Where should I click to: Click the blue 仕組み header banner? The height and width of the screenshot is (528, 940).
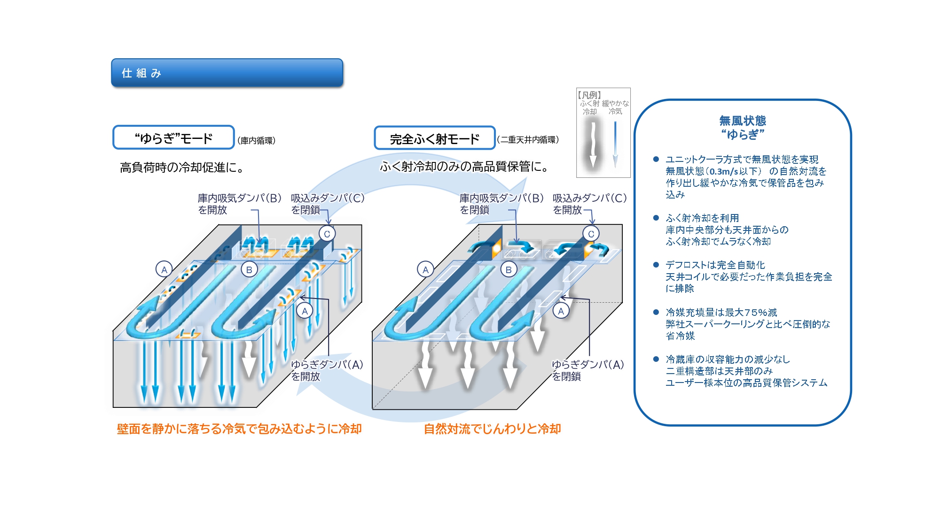point(227,73)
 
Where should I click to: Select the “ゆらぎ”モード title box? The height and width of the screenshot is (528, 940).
point(173,138)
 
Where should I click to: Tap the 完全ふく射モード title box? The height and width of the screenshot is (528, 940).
point(434,138)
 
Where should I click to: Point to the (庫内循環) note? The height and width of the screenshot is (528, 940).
point(256,140)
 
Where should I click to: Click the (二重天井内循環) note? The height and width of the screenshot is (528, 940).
point(528,139)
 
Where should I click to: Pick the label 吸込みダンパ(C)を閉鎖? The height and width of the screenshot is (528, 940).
point(327,204)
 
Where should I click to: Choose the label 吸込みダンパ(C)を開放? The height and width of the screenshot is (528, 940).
point(589,204)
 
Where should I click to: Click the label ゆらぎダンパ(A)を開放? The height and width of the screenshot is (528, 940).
point(327,370)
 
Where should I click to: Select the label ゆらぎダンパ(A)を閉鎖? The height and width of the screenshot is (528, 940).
point(587,370)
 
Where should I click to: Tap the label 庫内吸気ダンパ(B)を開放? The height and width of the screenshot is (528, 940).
point(239,204)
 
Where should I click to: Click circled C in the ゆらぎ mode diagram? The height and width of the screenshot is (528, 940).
point(327,234)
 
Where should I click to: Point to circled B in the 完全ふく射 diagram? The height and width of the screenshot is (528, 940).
point(509,270)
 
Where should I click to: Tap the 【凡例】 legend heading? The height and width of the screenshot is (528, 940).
point(589,95)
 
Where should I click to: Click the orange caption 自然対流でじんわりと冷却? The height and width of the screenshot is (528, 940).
point(492,429)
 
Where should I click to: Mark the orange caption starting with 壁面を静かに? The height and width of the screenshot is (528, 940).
point(239,429)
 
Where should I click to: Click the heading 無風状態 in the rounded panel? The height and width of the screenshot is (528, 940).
point(743,121)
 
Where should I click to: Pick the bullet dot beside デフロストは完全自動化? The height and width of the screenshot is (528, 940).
point(656,265)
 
